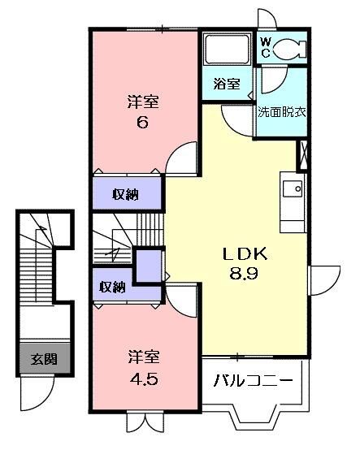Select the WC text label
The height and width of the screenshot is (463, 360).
coord(266,48)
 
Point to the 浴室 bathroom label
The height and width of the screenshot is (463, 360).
coord(227,83)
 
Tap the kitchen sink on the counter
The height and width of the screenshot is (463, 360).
coord(293,191)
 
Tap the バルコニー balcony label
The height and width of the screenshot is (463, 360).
coord(254,379)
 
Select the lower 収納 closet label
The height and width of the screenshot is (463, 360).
coord(112,287)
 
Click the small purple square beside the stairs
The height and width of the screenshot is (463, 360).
coord(148,266)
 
